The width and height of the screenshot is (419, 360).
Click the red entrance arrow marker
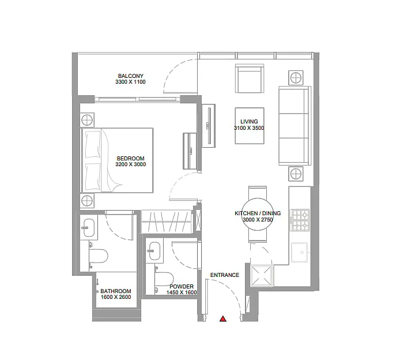coord(223,318)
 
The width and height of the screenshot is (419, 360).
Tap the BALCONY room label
coord(131,76)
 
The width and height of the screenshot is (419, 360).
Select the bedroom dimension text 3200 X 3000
coord(131,164)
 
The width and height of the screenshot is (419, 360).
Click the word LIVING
coord(249,121)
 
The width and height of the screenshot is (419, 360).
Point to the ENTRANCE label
coord(225,275)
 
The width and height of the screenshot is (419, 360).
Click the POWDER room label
coord(182,287)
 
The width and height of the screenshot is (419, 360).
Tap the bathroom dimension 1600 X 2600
coord(116,297)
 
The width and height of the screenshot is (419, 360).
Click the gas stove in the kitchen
coord(300,220)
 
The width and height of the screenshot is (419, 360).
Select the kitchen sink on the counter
coord(300,252)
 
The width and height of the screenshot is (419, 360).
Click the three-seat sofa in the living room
coord(295,126)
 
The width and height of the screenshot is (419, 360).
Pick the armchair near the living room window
coord(250,78)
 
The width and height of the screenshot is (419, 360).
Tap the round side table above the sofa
coord(296,78)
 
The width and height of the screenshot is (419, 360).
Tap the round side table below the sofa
coord(296,174)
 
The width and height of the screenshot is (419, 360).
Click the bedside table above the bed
coord(87,120)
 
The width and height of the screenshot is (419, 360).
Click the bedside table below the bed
coord(87,201)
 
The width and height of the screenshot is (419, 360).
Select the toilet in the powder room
coord(164,279)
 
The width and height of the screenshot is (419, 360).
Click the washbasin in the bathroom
coord(89,228)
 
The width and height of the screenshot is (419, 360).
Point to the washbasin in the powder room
coord(154,251)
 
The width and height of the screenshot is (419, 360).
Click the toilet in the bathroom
coord(98,256)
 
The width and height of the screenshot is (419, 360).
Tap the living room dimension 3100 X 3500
coord(249,128)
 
